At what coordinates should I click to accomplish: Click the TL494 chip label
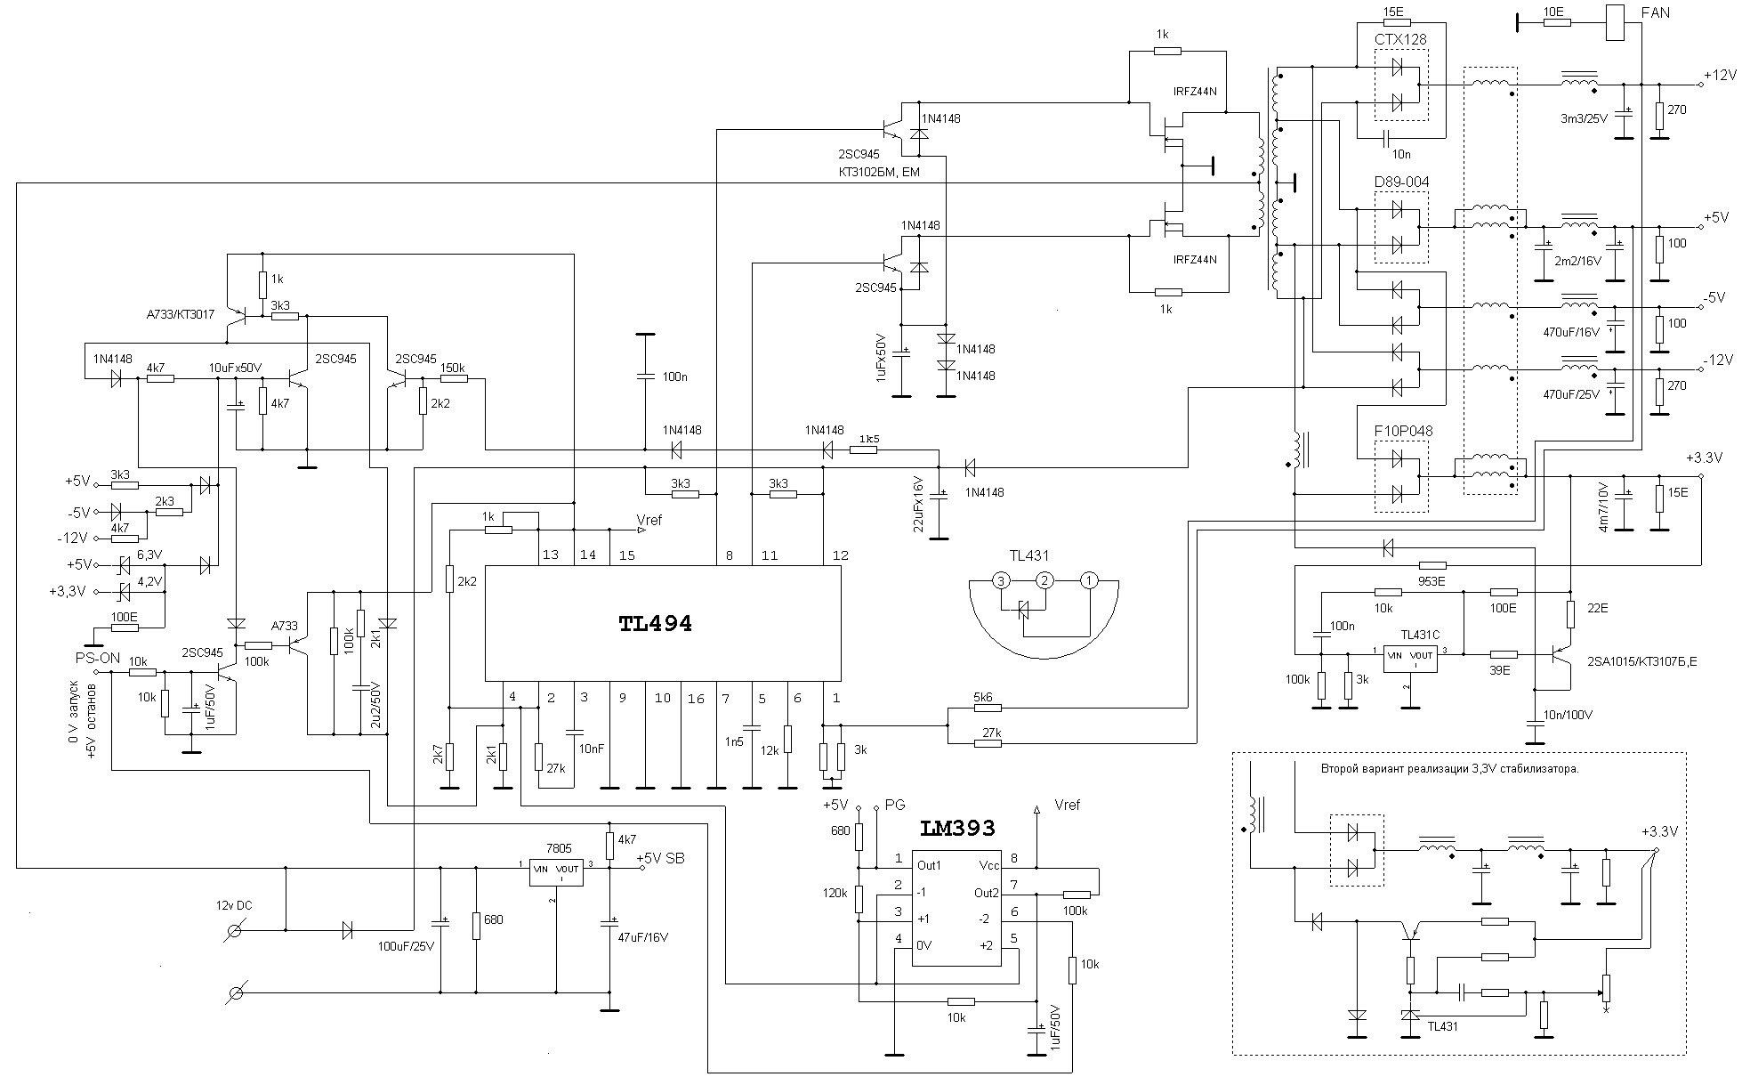(655, 624)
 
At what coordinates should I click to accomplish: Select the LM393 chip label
(957, 829)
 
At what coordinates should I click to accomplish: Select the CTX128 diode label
(1400, 40)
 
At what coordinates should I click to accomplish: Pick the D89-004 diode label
(1401, 182)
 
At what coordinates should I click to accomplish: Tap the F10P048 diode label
(1403, 432)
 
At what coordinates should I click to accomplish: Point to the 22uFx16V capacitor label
(920, 505)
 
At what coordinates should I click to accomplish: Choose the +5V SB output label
(660, 859)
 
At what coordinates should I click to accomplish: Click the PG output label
(894, 805)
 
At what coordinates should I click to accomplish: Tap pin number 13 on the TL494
(550, 555)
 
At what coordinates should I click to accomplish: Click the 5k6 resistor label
(983, 698)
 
